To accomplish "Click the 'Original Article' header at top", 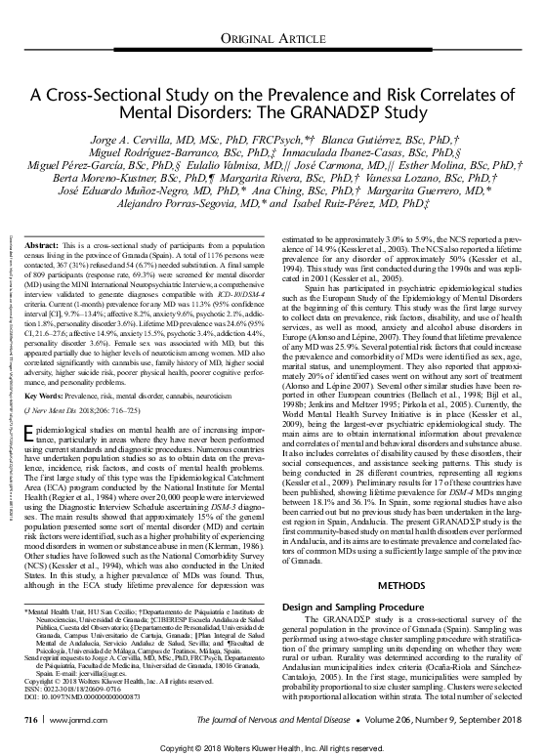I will (272, 36).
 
